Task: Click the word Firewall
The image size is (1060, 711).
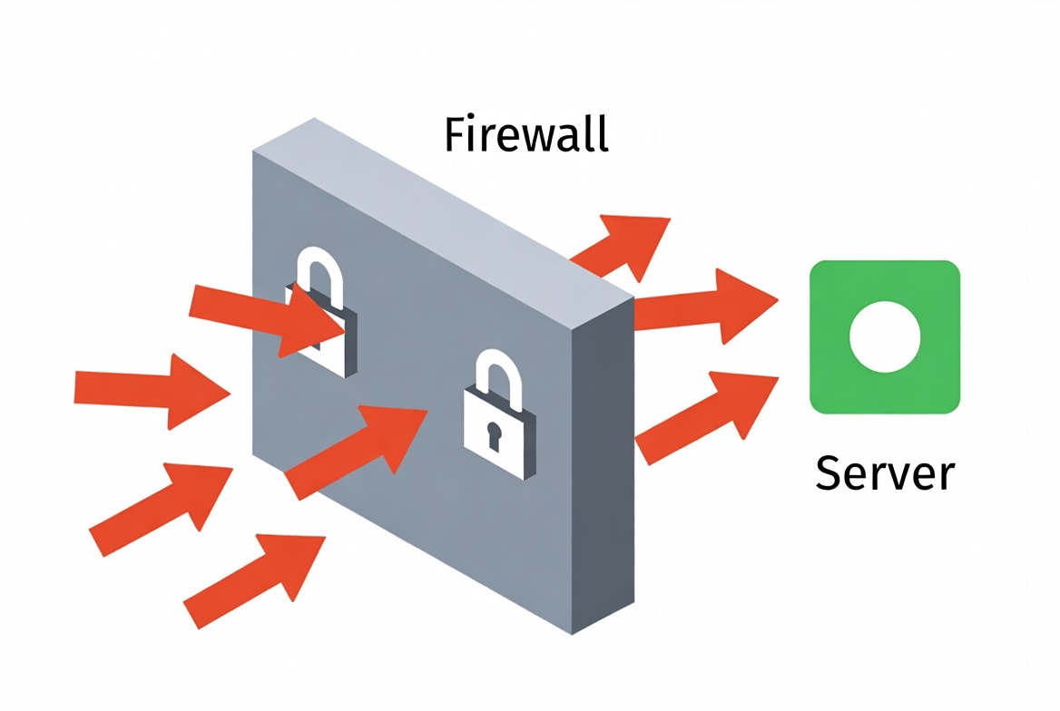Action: (525, 136)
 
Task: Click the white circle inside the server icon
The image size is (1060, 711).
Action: (885, 336)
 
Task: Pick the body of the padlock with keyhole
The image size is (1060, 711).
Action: (498, 435)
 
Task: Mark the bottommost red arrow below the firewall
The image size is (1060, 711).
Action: (254, 576)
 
